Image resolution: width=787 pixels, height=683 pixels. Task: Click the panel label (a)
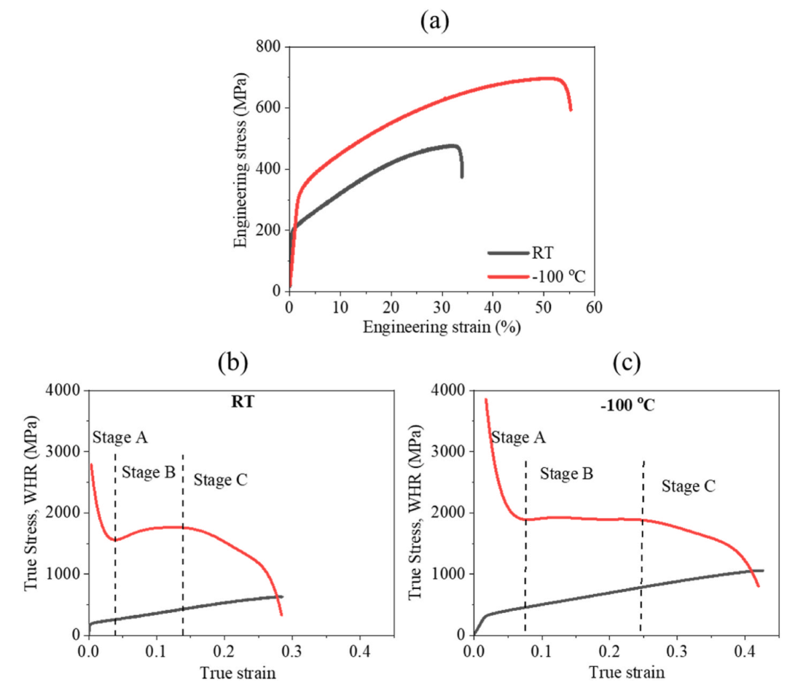[435, 21]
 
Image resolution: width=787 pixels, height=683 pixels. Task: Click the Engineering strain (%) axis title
[442, 327]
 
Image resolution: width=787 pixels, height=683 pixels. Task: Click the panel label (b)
[232, 362]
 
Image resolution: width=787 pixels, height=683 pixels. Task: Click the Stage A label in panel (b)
[120, 437]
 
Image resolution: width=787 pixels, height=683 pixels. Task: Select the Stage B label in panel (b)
[149, 472]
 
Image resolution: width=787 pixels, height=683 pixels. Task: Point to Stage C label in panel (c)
[689, 485]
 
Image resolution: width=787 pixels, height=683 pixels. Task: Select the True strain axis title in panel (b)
[240, 673]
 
